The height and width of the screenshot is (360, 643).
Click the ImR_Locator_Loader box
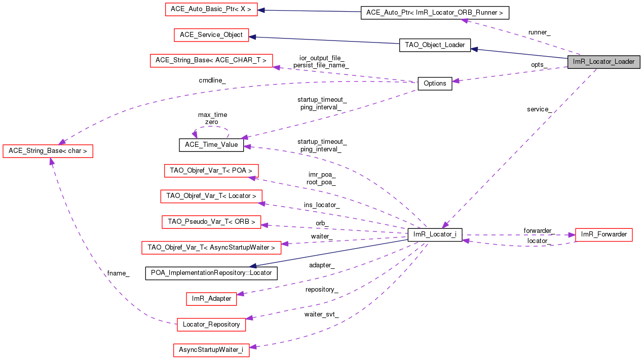pyautogui.click(x=603, y=62)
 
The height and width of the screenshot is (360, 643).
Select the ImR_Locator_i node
pyautogui.click(x=435, y=234)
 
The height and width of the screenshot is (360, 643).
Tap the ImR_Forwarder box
pyautogui.click(x=603, y=234)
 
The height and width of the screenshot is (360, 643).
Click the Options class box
pyautogui.click(x=434, y=84)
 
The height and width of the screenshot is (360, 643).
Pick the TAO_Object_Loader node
pyautogui.click(x=435, y=45)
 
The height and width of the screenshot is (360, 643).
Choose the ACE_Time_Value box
pyautogui.click(x=211, y=145)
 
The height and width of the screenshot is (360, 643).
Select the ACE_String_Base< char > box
pyautogui.click(x=48, y=151)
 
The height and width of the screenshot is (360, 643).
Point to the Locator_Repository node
pyautogui.click(x=211, y=325)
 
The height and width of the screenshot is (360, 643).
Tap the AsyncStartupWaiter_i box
pyautogui.click(x=211, y=350)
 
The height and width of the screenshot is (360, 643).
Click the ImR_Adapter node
pyautogui.click(x=211, y=299)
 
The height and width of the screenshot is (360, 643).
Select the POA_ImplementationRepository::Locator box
pyautogui.click(x=211, y=273)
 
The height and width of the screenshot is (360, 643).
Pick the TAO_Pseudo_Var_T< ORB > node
pyautogui.click(x=211, y=222)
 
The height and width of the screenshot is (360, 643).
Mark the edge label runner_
pyautogui.click(x=539, y=32)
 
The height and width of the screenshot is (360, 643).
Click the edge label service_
pyautogui.click(x=539, y=109)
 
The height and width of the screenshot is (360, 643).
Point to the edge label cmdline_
pyautogui.click(x=212, y=81)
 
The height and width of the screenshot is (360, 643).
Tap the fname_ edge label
pyautogui.click(x=118, y=273)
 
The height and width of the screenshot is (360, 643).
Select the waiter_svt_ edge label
pyautogui.click(x=321, y=314)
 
